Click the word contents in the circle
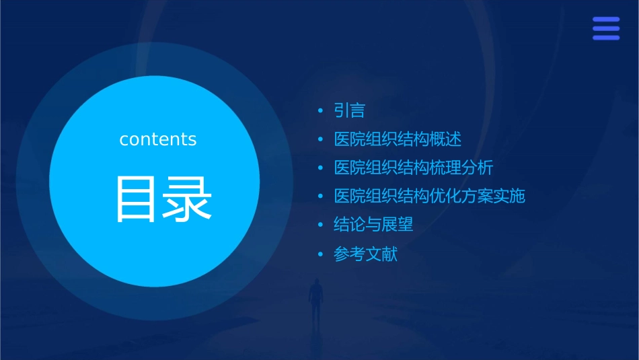click(x=158, y=139)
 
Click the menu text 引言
click(x=349, y=110)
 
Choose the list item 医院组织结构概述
click(x=398, y=139)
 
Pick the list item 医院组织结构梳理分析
click(x=414, y=168)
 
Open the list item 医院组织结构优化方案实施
click(x=429, y=196)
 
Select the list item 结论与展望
click(x=373, y=225)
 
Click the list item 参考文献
click(x=366, y=254)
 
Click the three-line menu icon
click(x=606, y=28)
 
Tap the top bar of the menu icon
click(x=606, y=20)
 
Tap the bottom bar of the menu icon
click(x=606, y=38)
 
